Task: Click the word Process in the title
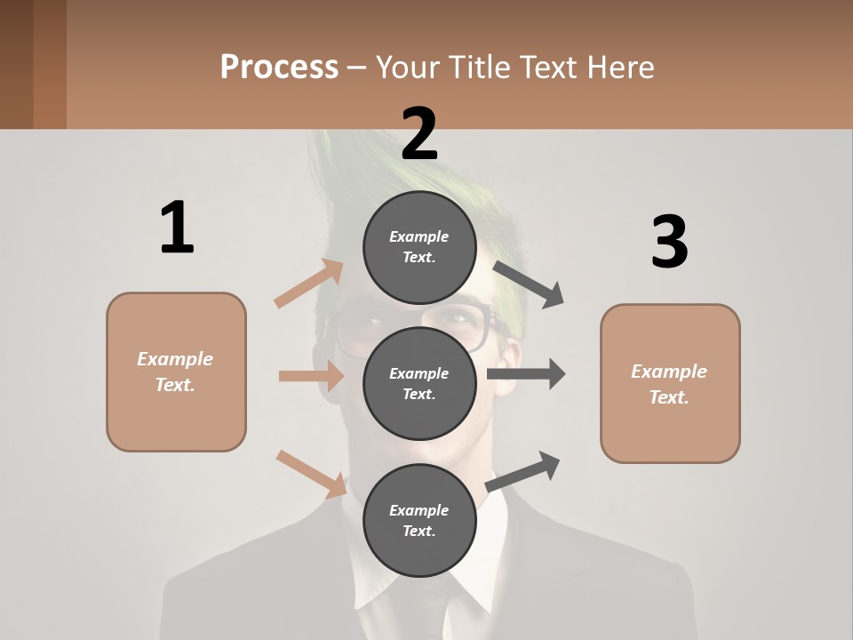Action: [279, 67]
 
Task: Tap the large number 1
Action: [177, 228]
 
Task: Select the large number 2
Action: [419, 133]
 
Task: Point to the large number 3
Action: [669, 242]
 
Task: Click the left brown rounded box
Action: [176, 372]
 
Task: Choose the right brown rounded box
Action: [670, 383]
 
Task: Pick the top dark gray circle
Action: [419, 247]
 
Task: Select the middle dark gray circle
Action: [419, 383]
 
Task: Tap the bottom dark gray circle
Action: [419, 520]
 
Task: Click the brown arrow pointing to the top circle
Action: [309, 284]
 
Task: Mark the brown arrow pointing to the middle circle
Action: [311, 376]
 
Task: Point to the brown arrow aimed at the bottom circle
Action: [311, 473]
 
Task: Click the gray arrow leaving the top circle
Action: [529, 284]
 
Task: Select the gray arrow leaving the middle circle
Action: [526, 374]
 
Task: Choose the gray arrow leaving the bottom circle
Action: [522, 471]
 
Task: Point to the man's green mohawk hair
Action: [351, 178]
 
